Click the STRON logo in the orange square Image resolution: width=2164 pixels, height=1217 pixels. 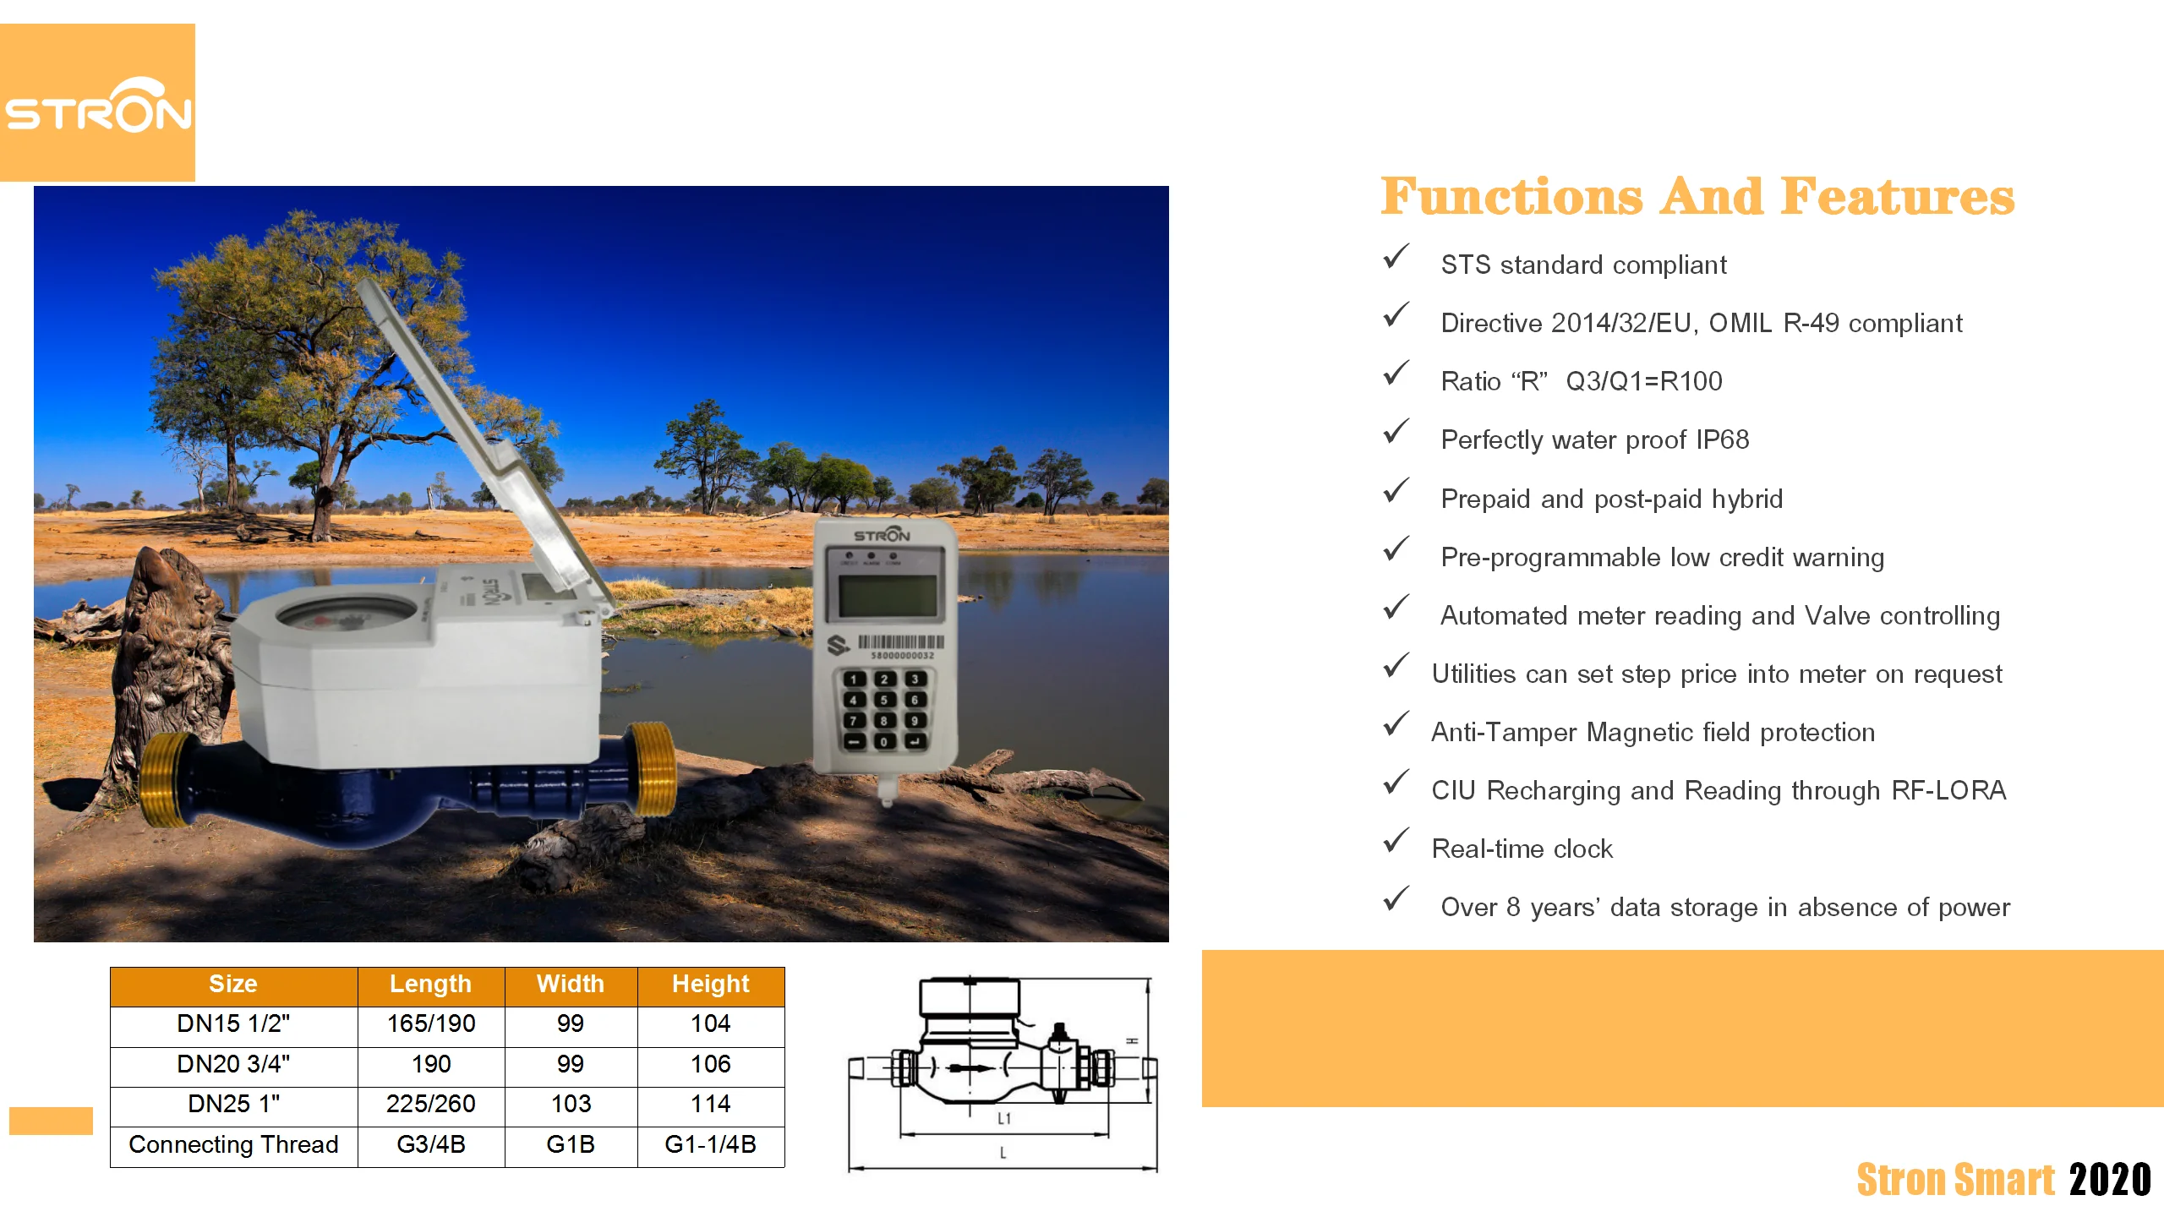98,106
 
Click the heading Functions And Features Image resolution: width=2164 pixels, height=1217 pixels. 1697,197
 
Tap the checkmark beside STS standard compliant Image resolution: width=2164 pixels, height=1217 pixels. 1396,257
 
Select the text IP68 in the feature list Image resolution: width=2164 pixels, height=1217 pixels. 1722,439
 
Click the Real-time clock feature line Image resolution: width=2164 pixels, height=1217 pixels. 1522,849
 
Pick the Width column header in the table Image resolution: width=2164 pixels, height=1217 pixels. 571,985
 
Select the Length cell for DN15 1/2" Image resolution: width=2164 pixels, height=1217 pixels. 431,1024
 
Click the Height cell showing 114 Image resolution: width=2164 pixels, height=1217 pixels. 710,1104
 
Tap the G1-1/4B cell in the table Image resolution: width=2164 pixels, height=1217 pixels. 710,1144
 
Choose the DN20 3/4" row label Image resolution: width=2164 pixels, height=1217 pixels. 233,1064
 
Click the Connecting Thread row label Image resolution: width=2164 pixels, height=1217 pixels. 233,1144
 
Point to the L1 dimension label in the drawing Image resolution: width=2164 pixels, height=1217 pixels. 1004,1119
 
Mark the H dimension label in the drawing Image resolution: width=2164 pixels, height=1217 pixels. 1133,1040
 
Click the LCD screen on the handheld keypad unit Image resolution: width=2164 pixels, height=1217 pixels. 887,596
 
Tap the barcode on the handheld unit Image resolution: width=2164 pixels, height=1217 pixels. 901,642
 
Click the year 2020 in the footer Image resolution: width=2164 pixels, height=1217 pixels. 2110,1180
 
